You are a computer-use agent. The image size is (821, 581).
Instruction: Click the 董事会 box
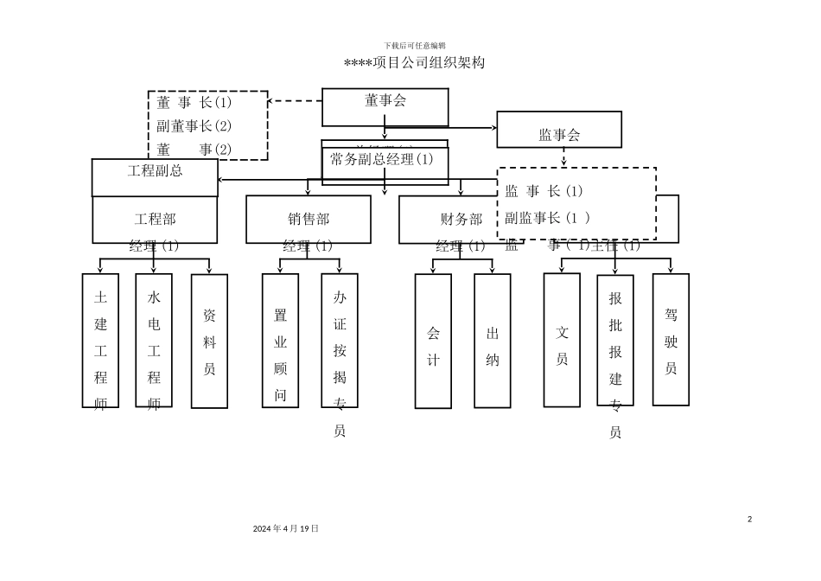click(385, 106)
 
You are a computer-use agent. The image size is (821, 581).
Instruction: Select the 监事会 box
click(559, 134)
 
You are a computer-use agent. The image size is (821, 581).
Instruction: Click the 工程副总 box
click(155, 171)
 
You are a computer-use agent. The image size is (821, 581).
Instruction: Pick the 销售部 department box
click(309, 219)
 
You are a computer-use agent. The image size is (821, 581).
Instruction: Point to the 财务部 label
click(461, 219)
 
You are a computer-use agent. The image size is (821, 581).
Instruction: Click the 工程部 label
click(155, 219)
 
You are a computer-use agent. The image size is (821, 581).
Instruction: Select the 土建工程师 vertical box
click(100, 341)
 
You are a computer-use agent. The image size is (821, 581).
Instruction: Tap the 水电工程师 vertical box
click(154, 341)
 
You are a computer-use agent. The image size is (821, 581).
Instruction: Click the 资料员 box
click(209, 341)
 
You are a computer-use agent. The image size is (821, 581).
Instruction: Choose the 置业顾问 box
click(280, 341)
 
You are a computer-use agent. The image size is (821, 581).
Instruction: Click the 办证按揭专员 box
click(340, 341)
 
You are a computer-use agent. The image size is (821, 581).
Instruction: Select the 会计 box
click(433, 341)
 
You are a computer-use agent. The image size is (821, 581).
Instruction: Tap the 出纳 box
click(493, 341)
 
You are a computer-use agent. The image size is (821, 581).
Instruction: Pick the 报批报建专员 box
click(615, 340)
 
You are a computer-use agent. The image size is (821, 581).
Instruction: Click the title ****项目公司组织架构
click(414, 63)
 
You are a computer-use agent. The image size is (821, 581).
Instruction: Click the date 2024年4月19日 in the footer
click(286, 527)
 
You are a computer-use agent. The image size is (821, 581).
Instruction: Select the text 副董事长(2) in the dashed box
click(194, 125)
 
